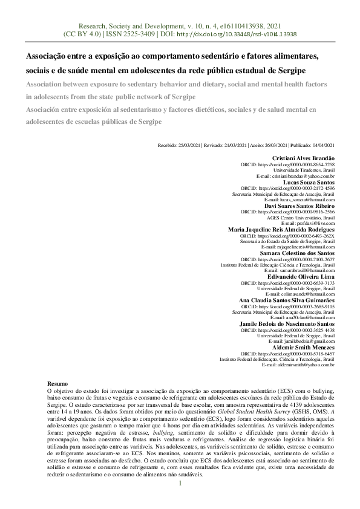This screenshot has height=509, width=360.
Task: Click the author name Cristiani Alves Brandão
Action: pyautogui.click(x=300, y=158)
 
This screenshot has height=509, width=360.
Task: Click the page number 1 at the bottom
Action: pyautogui.click(x=180, y=484)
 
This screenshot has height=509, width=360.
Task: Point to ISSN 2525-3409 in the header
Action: pyautogui.click(x=122, y=34)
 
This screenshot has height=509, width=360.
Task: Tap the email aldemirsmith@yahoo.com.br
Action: pyautogui.click(x=298, y=365)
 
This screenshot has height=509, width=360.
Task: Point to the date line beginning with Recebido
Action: pyautogui.click(x=246, y=146)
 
